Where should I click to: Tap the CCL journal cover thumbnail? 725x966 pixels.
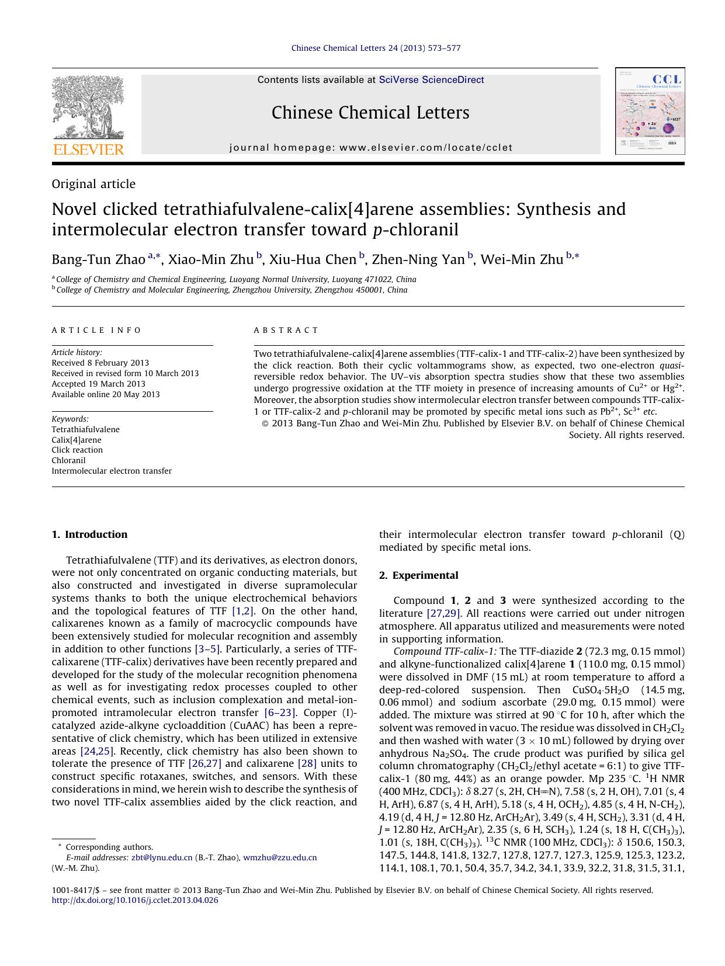650,111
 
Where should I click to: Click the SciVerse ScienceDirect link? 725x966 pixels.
431,80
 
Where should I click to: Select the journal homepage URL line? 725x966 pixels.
371,148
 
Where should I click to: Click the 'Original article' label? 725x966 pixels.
93,184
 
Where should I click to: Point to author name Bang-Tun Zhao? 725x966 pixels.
98,259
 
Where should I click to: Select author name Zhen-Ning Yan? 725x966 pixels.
418,259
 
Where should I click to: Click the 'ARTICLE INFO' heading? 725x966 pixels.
96,330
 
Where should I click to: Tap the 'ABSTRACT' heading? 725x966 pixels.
286,330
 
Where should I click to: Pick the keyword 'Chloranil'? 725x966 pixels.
68,460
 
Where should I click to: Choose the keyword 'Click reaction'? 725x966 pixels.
77,450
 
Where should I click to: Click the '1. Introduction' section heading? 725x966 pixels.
89,534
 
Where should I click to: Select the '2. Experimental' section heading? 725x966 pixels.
418,575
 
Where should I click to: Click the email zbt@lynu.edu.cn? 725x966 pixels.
162,857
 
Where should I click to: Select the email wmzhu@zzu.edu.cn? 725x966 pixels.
280,857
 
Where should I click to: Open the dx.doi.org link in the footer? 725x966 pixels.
135,901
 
